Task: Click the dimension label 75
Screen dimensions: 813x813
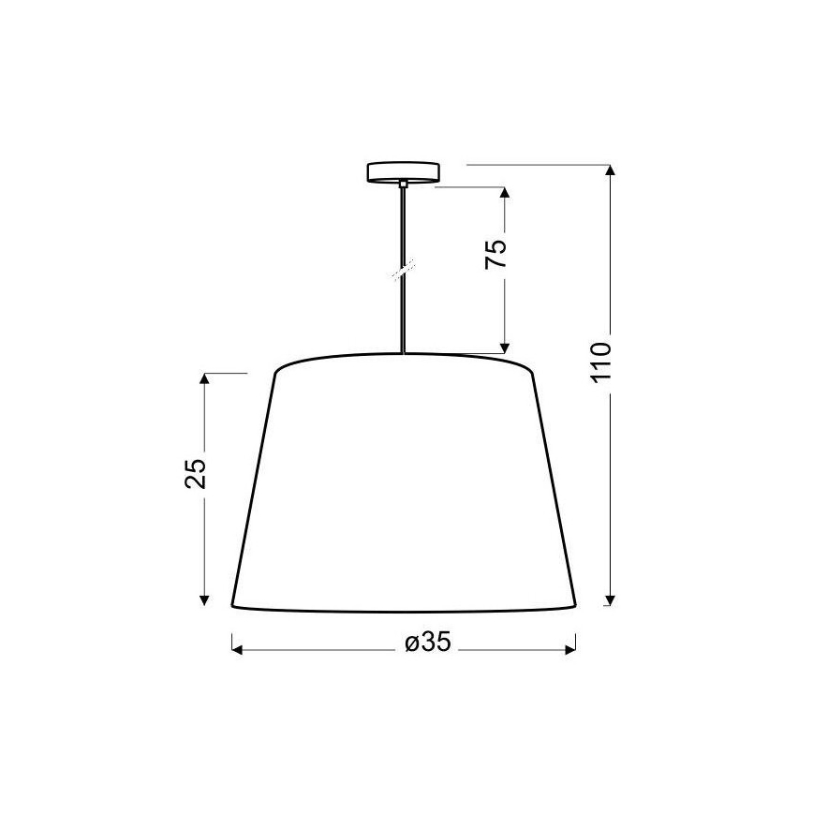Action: [x=496, y=255]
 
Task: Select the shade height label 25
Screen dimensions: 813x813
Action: [x=195, y=476]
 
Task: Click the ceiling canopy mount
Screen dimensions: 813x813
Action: [x=403, y=172]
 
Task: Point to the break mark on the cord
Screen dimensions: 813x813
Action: [x=403, y=270]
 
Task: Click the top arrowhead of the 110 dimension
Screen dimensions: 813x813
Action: [x=610, y=171]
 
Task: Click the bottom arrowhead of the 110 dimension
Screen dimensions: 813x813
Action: [x=610, y=599]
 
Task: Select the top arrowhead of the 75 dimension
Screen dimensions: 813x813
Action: [x=506, y=193]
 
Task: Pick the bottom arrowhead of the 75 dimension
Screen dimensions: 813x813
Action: [x=506, y=347]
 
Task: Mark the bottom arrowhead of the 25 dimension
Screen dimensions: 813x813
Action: [x=204, y=599]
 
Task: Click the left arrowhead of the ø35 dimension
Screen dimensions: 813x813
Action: [x=237, y=646]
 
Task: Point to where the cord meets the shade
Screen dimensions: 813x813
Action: [x=403, y=354]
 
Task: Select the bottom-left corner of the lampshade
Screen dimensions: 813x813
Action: [x=232, y=605]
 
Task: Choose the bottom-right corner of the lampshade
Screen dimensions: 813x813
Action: [x=575, y=605]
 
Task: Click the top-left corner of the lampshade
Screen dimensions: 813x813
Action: [x=274, y=373]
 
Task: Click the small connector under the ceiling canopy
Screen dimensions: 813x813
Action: [x=403, y=185]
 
